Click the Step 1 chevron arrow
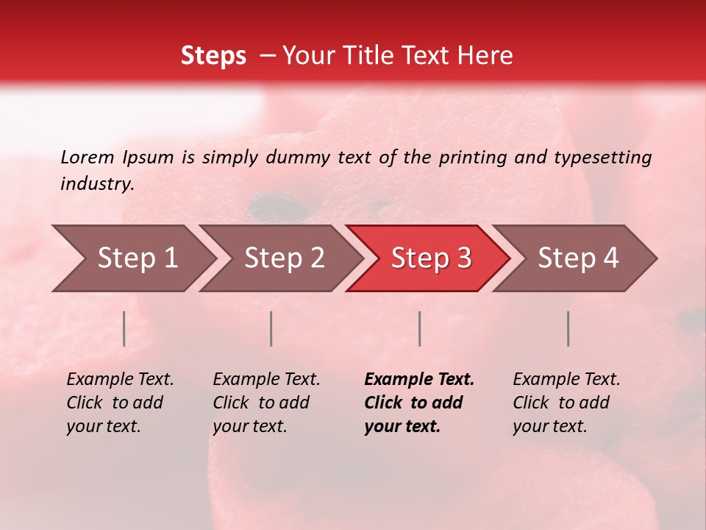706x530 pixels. coord(132,258)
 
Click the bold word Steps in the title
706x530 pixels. coord(213,56)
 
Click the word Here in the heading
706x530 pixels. coord(485,56)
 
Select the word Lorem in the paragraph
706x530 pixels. coord(88,157)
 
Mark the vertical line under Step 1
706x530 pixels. coord(124,328)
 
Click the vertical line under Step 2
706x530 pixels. coord(271,328)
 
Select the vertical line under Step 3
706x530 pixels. coord(419,328)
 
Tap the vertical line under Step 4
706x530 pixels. coord(568,328)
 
